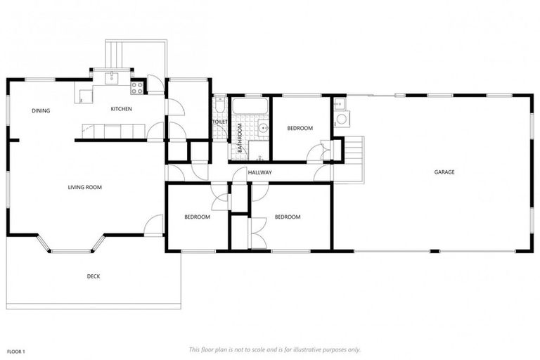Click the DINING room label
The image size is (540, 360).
(x=40, y=110)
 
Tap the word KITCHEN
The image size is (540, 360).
(x=121, y=109)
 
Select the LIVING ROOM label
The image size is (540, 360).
(x=84, y=187)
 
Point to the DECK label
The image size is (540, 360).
(x=93, y=276)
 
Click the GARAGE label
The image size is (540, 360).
(x=444, y=172)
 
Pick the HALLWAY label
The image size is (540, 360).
(x=259, y=172)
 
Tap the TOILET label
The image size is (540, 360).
(x=220, y=122)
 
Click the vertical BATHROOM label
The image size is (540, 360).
(x=240, y=138)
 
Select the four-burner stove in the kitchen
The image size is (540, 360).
(x=137, y=88)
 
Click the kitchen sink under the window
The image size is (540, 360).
(x=111, y=77)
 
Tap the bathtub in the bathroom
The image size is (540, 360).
(x=250, y=107)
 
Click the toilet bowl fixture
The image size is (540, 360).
(x=219, y=105)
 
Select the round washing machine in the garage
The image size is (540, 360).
(x=341, y=118)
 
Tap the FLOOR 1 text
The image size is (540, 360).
(x=16, y=350)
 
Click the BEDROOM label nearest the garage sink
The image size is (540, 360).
(x=300, y=129)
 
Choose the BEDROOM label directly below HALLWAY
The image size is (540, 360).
(x=288, y=217)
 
